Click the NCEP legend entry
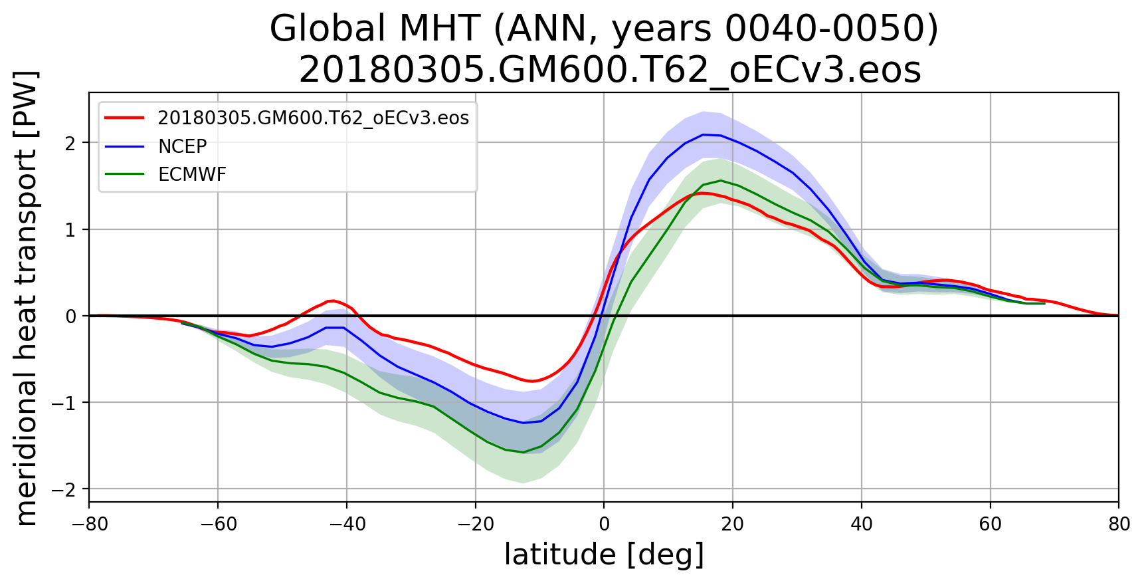[x=182, y=146]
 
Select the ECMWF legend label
[x=191, y=174]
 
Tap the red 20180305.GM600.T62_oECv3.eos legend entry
[x=313, y=118]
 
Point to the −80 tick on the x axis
[x=89, y=524]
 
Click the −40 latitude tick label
[x=346, y=524]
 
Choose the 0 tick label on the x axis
[x=604, y=524]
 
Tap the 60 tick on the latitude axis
[x=990, y=524]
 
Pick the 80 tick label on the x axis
[x=1119, y=524]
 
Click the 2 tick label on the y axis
[x=70, y=143]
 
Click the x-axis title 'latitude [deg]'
[x=604, y=555]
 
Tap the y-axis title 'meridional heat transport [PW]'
[x=27, y=297]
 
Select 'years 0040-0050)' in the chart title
[x=775, y=29]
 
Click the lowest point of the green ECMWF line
[x=523, y=452]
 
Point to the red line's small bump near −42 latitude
[x=332, y=300]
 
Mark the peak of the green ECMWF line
[x=721, y=180]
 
